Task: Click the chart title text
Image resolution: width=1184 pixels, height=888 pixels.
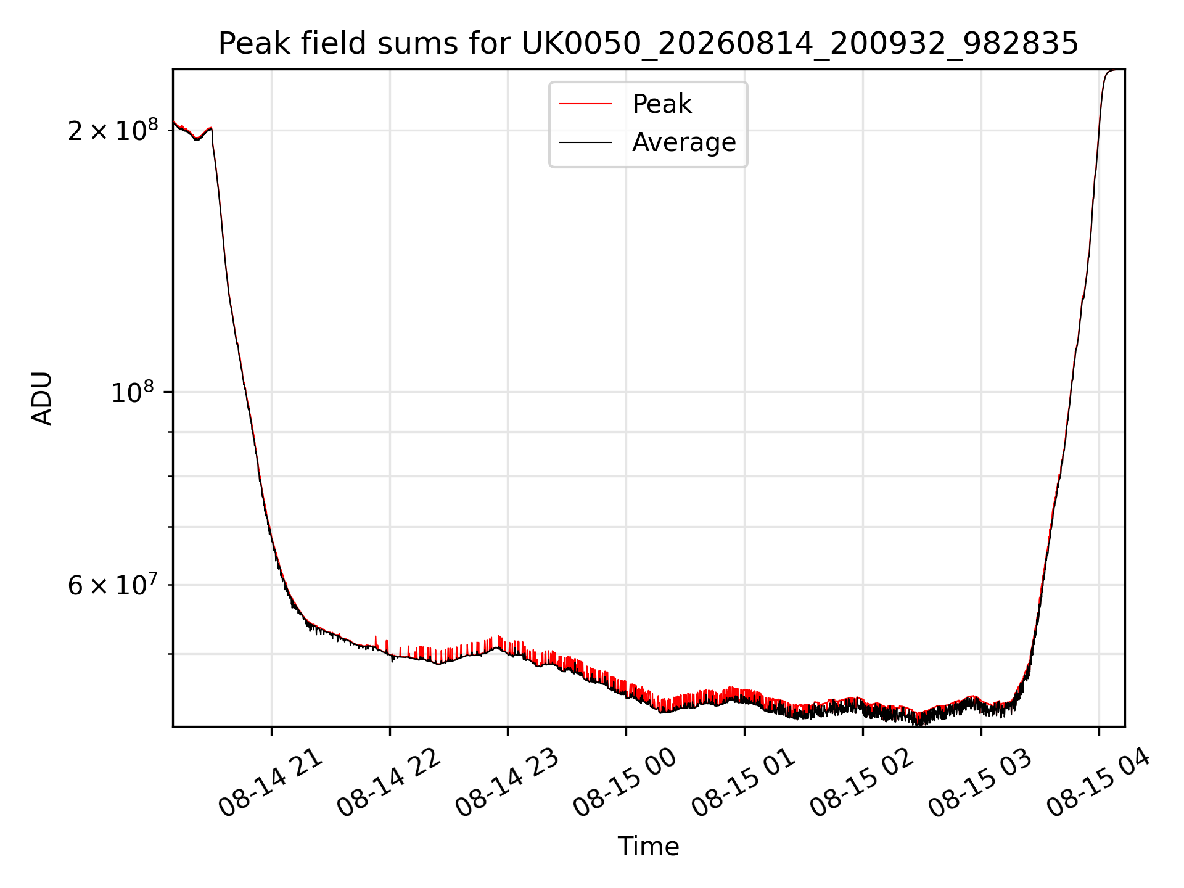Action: point(648,44)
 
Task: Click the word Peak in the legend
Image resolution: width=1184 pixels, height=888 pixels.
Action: point(662,104)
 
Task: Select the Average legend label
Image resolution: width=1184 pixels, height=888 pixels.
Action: point(684,142)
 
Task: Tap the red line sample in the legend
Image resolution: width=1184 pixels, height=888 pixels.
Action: point(585,104)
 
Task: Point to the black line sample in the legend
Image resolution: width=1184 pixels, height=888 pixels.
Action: point(585,142)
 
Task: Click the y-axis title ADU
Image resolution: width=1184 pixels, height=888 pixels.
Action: point(42,398)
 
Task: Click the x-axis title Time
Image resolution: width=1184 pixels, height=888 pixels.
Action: point(648,846)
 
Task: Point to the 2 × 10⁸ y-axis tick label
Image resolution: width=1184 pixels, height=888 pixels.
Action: point(113,130)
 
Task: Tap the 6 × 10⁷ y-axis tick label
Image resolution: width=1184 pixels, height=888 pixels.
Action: point(113,585)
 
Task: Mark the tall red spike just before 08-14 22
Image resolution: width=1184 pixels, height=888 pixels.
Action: point(376,641)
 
